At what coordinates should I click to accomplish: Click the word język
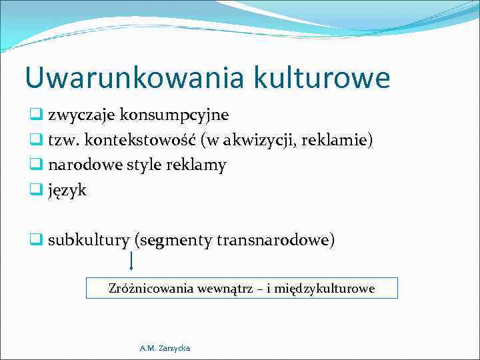[67, 191]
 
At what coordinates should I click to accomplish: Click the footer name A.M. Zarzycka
[165, 348]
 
